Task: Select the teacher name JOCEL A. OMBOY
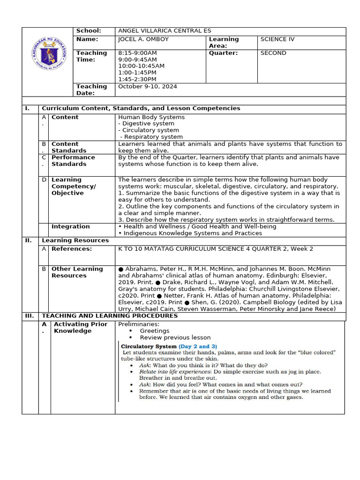(x=143, y=39)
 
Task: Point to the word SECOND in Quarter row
(x=273, y=53)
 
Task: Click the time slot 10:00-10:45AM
(x=141, y=66)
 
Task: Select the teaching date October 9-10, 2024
(x=148, y=86)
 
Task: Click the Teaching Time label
(x=92, y=56)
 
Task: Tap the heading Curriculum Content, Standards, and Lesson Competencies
(x=141, y=108)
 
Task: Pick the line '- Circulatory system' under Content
(x=149, y=130)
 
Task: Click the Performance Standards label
(x=73, y=161)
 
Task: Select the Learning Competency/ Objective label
(x=74, y=186)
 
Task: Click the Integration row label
(x=70, y=227)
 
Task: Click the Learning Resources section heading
(x=75, y=240)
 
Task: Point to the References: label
(x=72, y=249)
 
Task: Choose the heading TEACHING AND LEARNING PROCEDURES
(x=110, y=316)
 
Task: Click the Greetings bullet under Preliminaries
(x=154, y=331)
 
